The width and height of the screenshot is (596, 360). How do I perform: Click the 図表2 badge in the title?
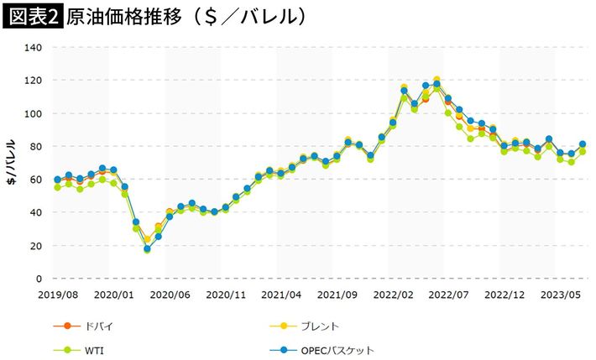coord(31,17)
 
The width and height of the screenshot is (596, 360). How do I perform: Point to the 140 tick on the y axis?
coord(33,47)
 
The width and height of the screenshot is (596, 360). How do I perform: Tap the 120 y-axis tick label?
coord(33,81)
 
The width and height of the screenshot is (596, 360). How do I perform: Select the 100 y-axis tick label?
coord(33,113)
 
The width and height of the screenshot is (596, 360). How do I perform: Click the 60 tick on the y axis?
coord(35,180)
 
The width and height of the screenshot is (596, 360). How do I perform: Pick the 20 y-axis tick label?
coord(35,246)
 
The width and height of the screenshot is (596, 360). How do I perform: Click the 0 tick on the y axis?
coord(39,279)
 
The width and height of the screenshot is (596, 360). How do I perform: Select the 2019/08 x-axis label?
coord(57,295)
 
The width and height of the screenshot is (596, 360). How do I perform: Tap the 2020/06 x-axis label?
coord(169,295)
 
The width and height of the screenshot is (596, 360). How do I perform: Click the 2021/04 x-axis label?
coord(280,295)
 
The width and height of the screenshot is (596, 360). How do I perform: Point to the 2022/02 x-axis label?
coord(392,295)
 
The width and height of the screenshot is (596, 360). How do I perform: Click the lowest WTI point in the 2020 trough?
coord(147,250)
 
